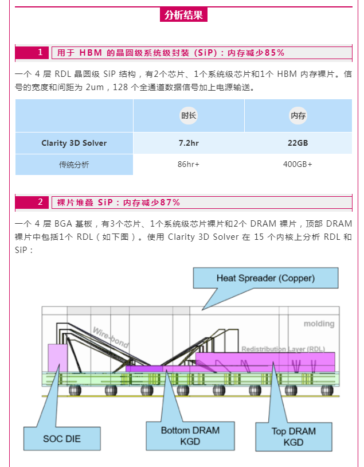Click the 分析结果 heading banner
[x=183, y=14]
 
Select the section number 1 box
[x=32, y=53]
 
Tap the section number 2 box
[x=32, y=202]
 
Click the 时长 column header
[x=189, y=115]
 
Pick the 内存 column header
[x=298, y=115]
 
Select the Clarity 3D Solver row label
[x=74, y=143]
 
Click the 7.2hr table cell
[x=189, y=143]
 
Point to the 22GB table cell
[x=298, y=143]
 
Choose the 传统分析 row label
[x=74, y=165]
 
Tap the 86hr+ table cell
[x=189, y=164]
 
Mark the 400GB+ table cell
[x=298, y=164]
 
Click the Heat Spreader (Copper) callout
[x=265, y=278]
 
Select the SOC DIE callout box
[x=62, y=439]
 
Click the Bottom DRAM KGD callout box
[x=190, y=435]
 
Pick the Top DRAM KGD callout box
[x=293, y=437]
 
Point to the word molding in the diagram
[x=319, y=324]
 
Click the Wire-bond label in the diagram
[x=111, y=337]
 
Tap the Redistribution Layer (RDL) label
[x=283, y=349]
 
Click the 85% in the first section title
[x=275, y=53]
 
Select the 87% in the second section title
[x=170, y=203]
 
